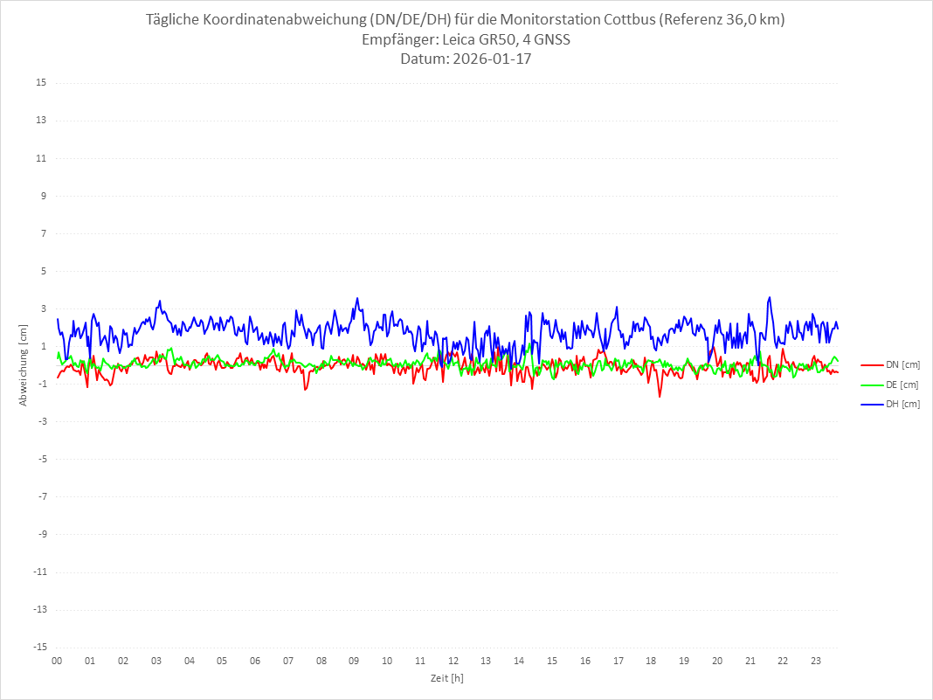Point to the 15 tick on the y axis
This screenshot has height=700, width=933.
coord(41,83)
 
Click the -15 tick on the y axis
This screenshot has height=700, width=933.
coord(39,647)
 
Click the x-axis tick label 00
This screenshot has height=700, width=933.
coord(57,661)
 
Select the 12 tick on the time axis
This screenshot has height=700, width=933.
coord(453,661)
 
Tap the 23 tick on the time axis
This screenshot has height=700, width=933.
coord(816,661)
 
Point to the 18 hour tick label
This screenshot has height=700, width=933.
coord(651,661)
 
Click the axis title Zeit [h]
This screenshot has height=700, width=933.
coord(447,677)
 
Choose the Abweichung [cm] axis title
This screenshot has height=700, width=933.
coord(24,364)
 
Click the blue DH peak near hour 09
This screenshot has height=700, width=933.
coord(357,298)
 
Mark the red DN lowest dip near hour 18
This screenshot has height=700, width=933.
coord(660,397)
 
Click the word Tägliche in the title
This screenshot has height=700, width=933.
coord(175,20)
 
